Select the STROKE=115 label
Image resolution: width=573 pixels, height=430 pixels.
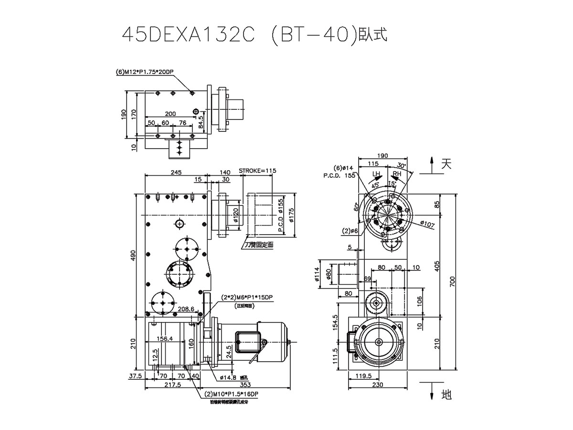coord(257,171)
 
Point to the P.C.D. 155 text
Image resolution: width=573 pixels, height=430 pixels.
coord(340,176)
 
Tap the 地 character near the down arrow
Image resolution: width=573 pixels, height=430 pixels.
coord(446,395)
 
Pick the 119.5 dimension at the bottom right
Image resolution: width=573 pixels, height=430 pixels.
coord(364,376)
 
